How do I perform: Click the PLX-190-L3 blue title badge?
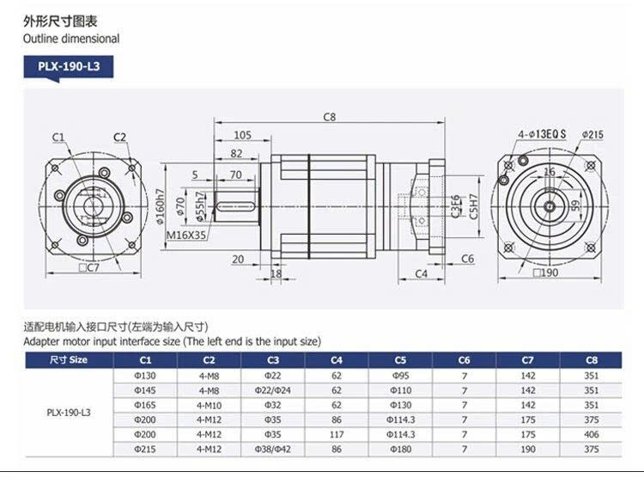pos(69,67)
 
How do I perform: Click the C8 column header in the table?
pos(592,360)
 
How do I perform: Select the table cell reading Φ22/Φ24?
pos(273,390)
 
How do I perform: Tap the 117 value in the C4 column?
pos(337,434)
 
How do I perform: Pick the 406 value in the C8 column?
pos(592,434)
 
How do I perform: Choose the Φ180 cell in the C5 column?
pos(400,449)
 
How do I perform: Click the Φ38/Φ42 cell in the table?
pos(273,449)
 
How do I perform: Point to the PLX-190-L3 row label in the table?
pos(69,413)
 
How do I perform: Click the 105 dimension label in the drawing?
pos(242,135)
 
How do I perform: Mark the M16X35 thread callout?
pos(186,236)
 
